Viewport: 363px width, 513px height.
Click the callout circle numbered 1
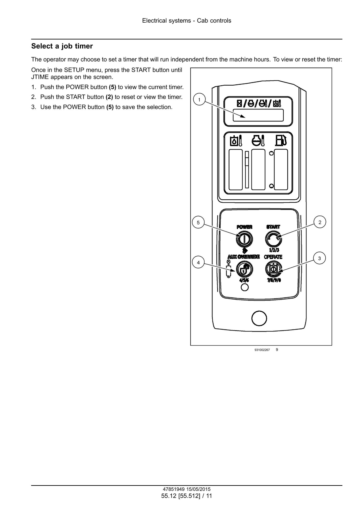click(199, 100)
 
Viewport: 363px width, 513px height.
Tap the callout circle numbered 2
click(320, 222)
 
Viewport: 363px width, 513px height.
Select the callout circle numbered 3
click(320, 258)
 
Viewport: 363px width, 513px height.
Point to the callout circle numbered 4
click(198, 263)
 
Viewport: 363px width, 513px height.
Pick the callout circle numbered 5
click(198, 222)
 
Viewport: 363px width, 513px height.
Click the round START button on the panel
click(273, 239)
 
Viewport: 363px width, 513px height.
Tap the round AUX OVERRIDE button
click(244, 269)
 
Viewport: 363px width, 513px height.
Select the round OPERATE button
click(273, 269)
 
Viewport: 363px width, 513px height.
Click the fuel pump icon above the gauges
click(281, 141)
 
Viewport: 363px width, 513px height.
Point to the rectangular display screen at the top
click(258, 115)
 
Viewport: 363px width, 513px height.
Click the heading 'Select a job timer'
click(62, 46)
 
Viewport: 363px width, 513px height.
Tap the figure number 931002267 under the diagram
click(262, 350)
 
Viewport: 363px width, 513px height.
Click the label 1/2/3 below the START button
click(274, 250)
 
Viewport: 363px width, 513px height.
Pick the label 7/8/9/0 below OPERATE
click(274, 280)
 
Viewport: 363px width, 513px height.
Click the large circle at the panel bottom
click(259, 318)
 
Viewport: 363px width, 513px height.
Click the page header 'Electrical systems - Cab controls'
click(187, 21)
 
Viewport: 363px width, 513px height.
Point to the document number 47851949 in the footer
click(174, 489)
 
